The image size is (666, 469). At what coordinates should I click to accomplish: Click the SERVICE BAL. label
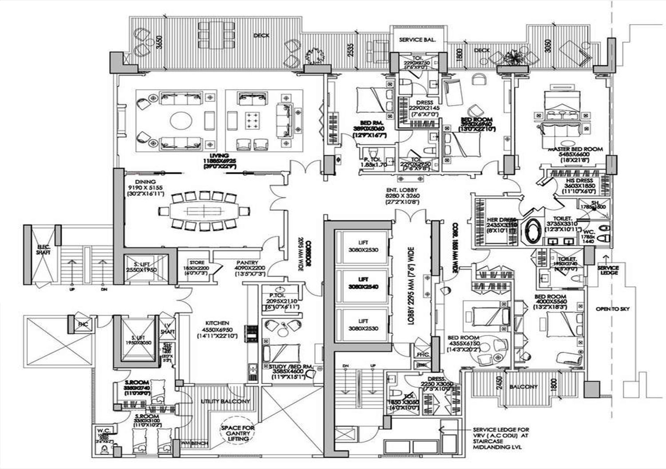click(x=417, y=40)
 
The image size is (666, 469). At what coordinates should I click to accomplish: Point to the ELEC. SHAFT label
click(x=44, y=249)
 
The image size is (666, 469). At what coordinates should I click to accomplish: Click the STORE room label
click(x=197, y=263)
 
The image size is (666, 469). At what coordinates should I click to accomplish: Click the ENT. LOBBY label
click(x=403, y=190)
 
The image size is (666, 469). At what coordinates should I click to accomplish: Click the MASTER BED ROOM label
click(x=575, y=149)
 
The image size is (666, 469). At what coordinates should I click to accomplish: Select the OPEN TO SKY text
click(x=613, y=309)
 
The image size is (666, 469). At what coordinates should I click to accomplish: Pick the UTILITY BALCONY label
click(x=225, y=401)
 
